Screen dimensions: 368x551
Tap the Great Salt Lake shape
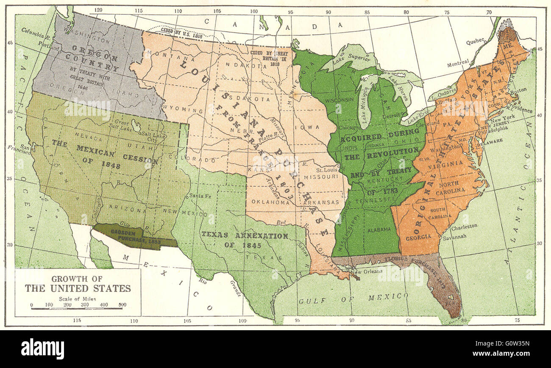[x=136, y=125]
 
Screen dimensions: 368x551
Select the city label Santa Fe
[x=199, y=195]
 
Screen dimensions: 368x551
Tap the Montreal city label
[x=458, y=64]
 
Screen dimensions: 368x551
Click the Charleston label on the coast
[x=464, y=226]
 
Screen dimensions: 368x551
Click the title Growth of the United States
[x=78, y=284]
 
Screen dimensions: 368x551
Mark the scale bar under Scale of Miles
[x=77, y=308]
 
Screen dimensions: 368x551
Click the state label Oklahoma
[x=270, y=202]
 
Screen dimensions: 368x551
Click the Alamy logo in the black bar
[x=42, y=349]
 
